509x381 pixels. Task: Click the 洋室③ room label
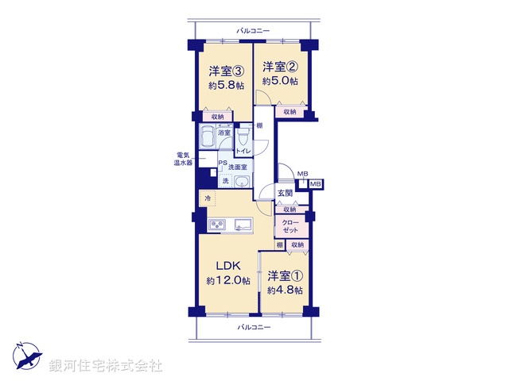(x=223, y=68)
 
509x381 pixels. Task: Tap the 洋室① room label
(x=285, y=276)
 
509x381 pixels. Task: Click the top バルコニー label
(x=253, y=31)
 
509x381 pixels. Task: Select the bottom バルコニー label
(x=253, y=327)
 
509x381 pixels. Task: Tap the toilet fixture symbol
(x=243, y=138)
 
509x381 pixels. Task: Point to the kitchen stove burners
(x=217, y=225)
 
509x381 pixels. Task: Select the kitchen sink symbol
(x=243, y=225)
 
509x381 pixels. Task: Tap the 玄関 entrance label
(x=285, y=193)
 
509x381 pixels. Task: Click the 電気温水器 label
(x=184, y=159)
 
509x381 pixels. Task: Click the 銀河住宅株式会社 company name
(x=106, y=365)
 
